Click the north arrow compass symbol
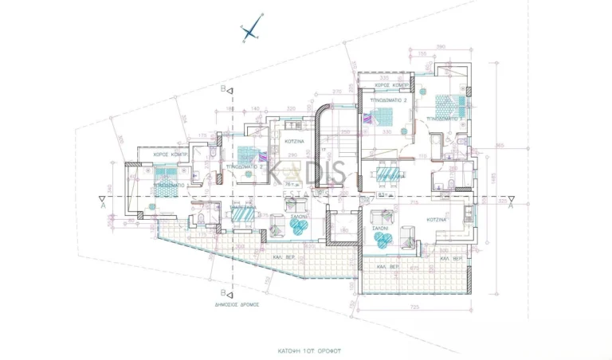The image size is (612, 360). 250,32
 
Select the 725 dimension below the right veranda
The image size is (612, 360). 413,306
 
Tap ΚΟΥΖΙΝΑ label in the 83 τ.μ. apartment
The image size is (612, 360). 436,218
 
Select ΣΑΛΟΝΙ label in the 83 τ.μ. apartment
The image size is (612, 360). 380,227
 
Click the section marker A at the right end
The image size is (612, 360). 511,204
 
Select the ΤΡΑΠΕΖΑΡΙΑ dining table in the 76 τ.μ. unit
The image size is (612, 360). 243,213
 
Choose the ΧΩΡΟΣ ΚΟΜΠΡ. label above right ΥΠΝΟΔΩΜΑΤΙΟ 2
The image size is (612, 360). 391,84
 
